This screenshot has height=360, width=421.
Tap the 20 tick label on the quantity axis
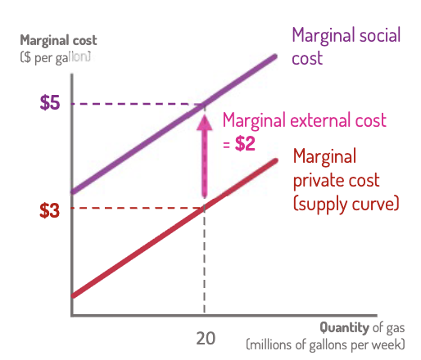point(206,338)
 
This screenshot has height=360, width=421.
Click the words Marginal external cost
point(304,121)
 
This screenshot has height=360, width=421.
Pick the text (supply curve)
point(346,203)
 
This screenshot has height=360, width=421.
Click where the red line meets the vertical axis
point(74,295)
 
